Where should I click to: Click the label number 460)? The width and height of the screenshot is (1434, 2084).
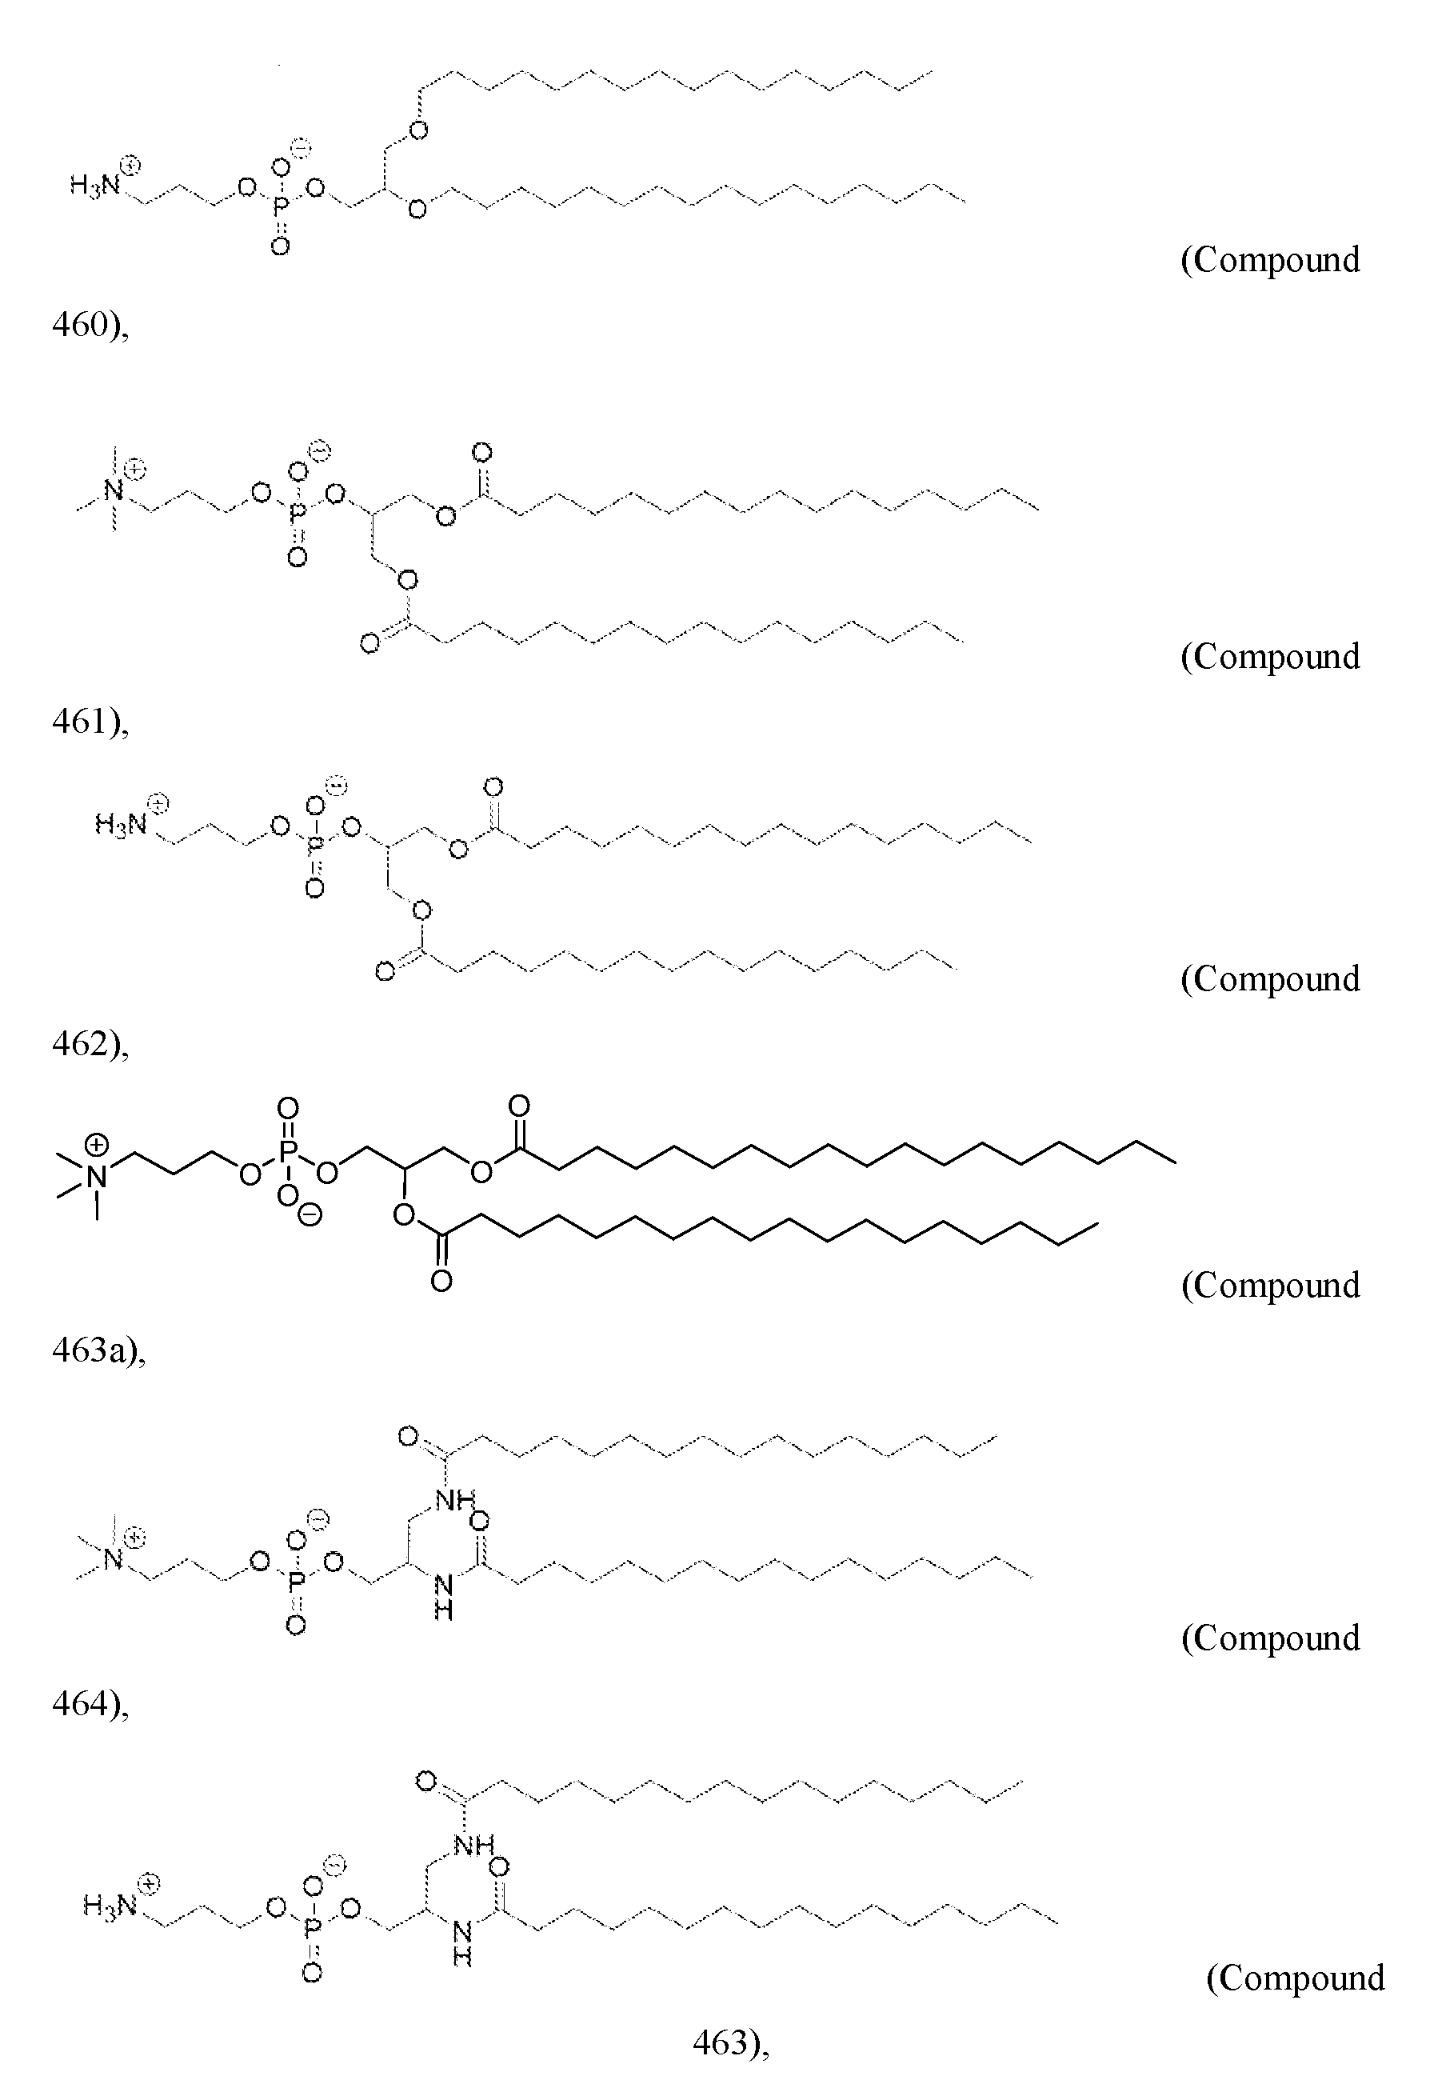tap(90, 326)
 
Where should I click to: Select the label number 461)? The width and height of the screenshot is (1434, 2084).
tap(90, 722)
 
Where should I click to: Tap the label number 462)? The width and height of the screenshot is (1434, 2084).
tap(90, 1045)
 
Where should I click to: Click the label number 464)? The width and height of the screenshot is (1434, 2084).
tap(90, 1704)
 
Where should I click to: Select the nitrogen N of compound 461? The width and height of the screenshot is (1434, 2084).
tap(112, 491)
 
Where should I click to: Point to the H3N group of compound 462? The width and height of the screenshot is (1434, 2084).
tap(121, 824)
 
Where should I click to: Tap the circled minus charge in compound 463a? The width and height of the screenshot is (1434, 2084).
tap(310, 1216)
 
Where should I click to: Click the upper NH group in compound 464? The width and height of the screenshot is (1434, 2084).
tap(454, 1499)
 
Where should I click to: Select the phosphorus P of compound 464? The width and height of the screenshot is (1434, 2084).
tap(296, 1587)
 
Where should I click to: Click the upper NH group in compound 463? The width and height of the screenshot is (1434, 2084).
tap(473, 1846)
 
